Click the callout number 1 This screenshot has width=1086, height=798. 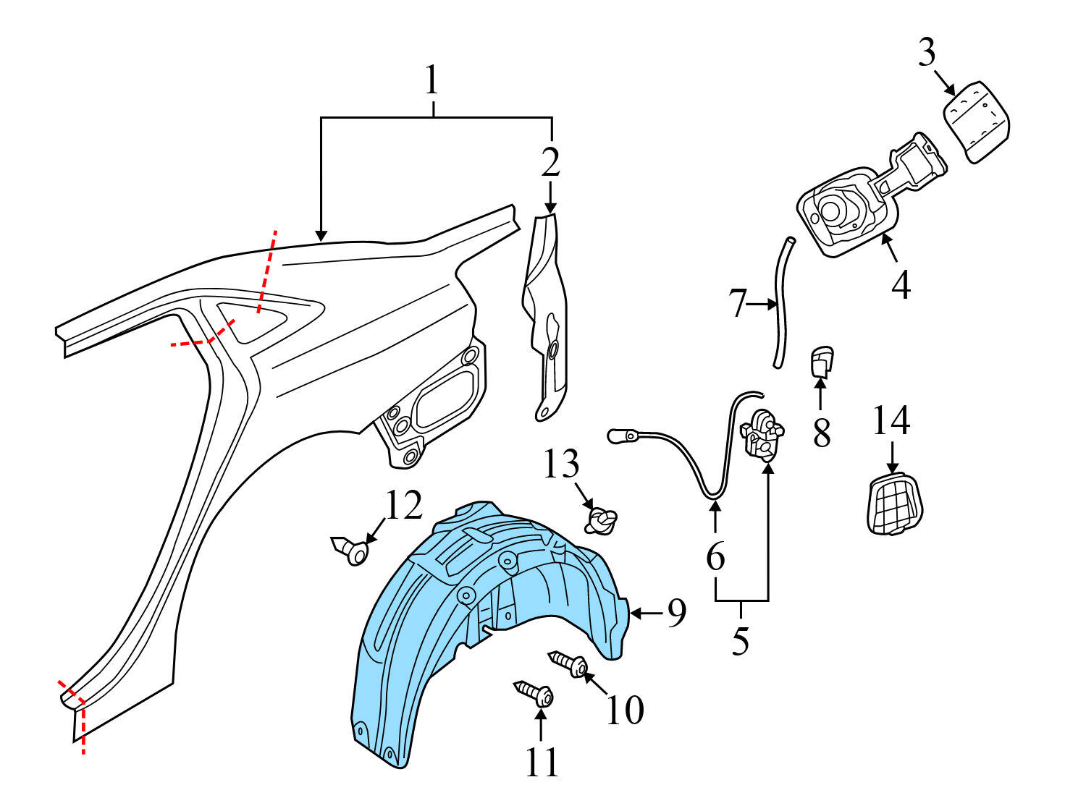(x=432, y=81)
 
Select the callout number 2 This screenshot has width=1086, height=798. (x=551, y=162)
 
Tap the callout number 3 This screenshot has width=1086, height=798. (x=927, y=53)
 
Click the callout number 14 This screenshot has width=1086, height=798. (x=891, y=421)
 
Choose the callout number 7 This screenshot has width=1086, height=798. (x=737, y=303)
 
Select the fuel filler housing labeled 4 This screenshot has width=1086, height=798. (x=847, y=210)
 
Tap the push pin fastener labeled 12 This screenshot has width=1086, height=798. (x=350, y=551)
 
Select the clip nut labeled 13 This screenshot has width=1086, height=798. (x=602, y=521)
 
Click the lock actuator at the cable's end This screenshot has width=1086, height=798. (x=762, y=433)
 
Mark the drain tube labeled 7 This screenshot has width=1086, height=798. (x=782, y=304)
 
